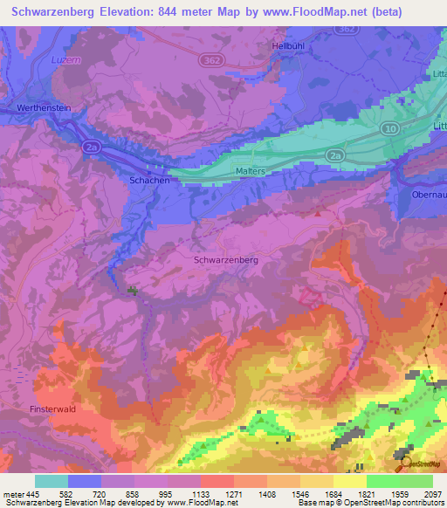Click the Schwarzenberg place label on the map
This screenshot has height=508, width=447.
[225, 260]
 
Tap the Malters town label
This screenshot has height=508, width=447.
[250, 172]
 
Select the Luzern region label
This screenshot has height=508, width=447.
[42, 60]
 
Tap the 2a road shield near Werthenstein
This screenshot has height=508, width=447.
[92, 148]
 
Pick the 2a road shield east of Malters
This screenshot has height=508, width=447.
[335, 154]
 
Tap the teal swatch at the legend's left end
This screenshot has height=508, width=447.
[51, 481]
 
